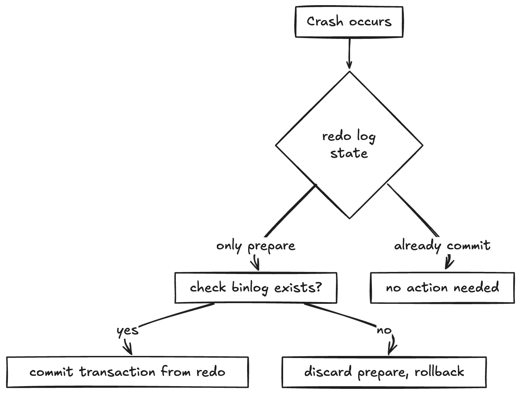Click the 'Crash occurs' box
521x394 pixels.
[349, 22]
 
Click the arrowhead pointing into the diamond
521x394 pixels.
[349, 65]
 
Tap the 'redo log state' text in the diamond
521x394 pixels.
[349, 145]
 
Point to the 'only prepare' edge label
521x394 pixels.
[256, 246]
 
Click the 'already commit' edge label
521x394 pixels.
[442, 246]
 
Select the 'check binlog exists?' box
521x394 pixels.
[256, 288]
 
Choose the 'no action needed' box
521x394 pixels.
[442, 288]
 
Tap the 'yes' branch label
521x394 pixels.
[128, 331]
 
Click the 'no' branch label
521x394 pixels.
[384, 331]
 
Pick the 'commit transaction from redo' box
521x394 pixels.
[128, 372]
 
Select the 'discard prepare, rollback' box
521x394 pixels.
[384, 372]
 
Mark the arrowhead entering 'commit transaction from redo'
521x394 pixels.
[130, 351]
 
